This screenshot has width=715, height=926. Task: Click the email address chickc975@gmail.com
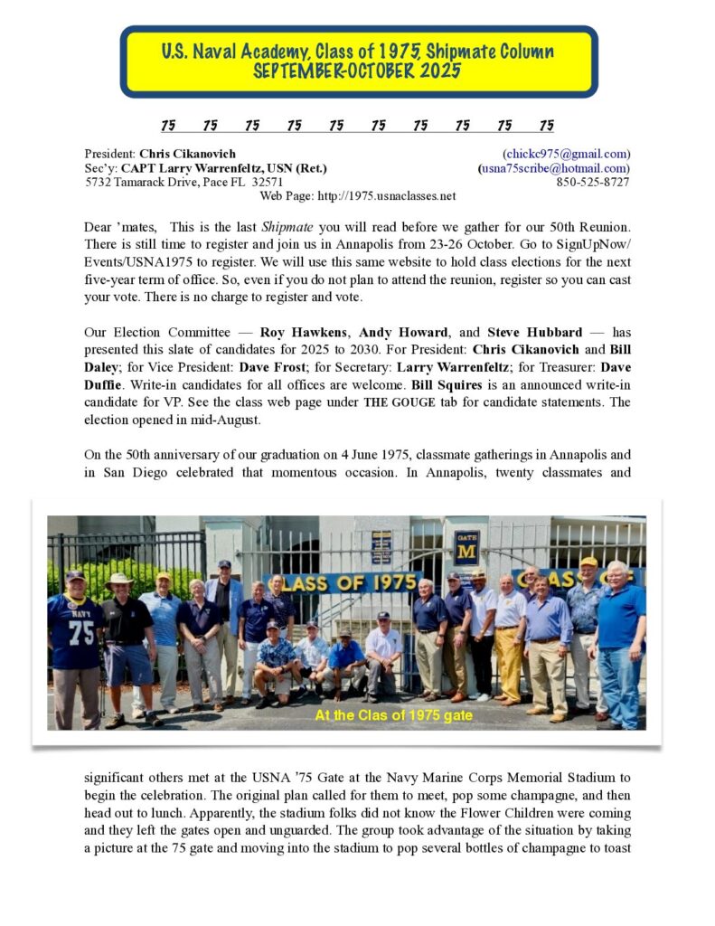click(567, 154)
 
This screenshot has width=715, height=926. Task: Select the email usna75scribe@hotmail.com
click(554, 167)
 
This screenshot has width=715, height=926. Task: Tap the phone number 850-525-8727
click(593, 182)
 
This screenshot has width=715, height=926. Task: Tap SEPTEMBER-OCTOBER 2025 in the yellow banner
click(358, 71)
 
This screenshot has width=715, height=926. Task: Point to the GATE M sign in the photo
click(466, 547)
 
